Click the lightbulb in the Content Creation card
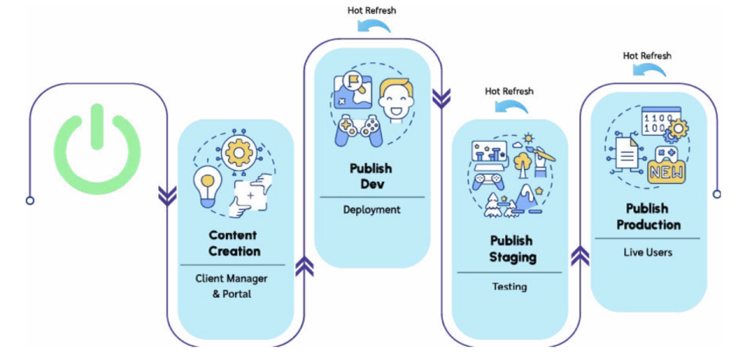[x=206, y=182]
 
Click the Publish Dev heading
[x=371, y=175]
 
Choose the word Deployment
[x=371, y=209]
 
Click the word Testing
[x=509, y=286]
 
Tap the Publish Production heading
[x=648, y=216]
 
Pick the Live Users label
[x=648, y=253]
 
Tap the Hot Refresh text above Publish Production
[x=647, y=55]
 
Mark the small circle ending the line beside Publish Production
[x=716, y=194]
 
